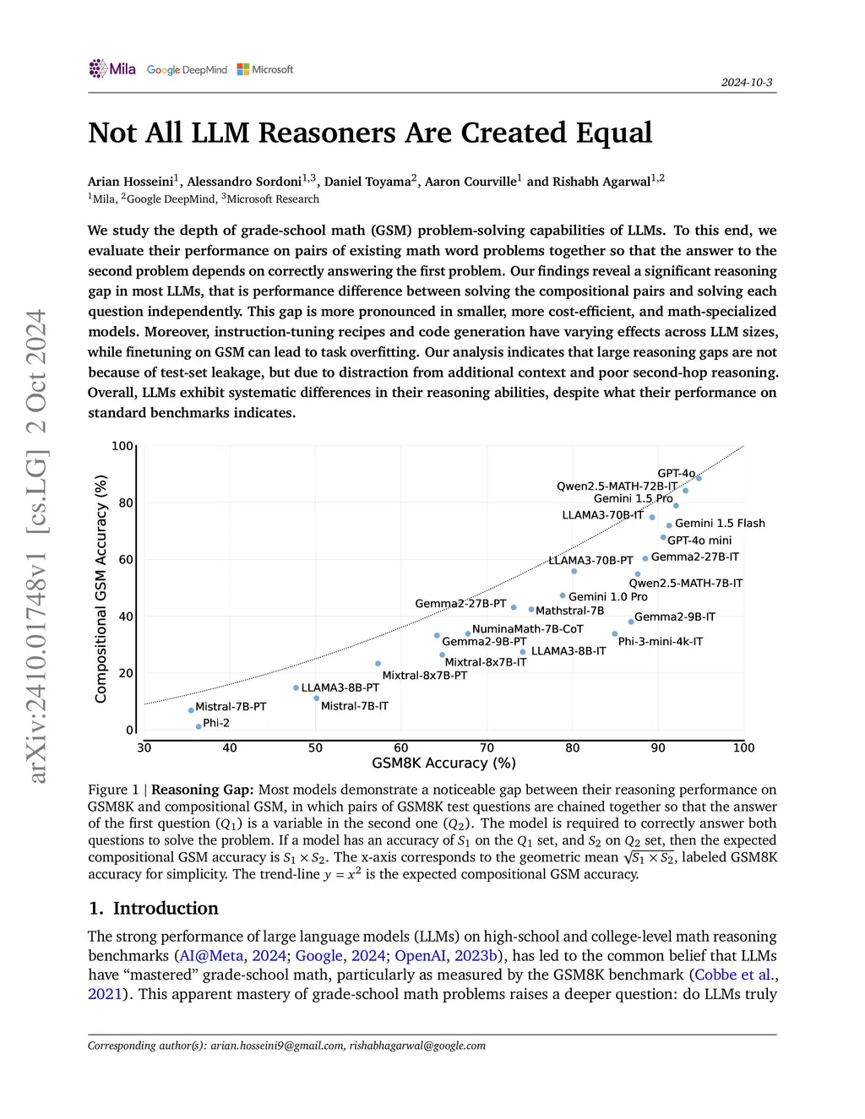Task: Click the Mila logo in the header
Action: (112, 68)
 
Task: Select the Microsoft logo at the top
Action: (265, 69)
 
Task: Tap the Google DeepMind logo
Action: (187, 70)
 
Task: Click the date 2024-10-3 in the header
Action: (747, 82)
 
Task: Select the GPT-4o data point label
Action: (676, 473)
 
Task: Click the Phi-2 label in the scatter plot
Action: (216, 723)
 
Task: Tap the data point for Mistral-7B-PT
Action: (191, 710)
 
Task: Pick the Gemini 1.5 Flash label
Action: (720, 523)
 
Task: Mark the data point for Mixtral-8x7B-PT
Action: (378, 664)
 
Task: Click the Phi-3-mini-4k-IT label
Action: (660, 641)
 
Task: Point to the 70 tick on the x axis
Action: (487, 747)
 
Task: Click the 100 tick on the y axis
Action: (122, 446)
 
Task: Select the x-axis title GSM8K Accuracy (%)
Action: (443, 763)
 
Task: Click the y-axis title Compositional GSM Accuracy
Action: (101, 589)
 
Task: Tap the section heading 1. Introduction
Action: (153, 908)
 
